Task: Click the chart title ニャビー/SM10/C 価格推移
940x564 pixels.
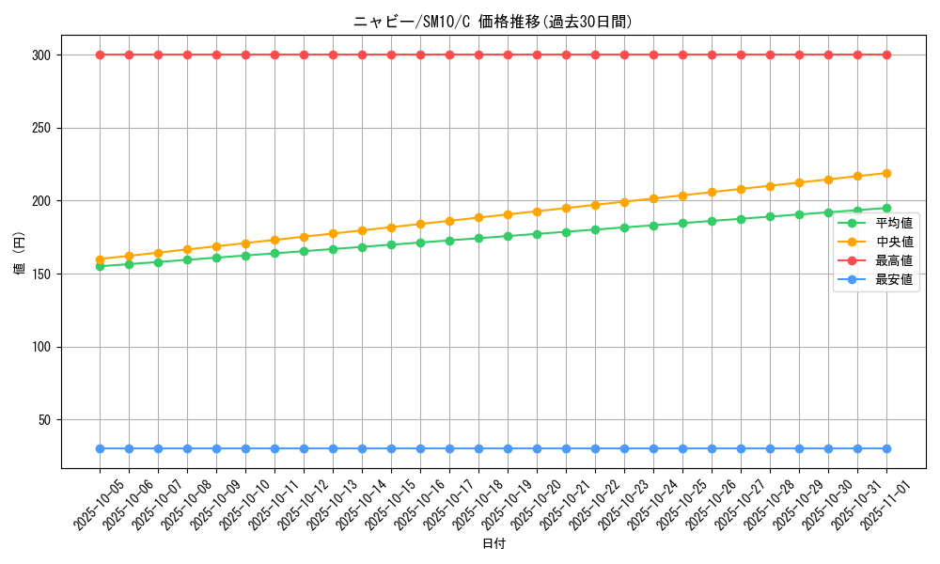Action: point(493,22)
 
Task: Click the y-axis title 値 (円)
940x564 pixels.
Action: point(19,252)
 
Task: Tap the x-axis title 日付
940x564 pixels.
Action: point(493,544)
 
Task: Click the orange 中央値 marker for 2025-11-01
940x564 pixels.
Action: point(886,173)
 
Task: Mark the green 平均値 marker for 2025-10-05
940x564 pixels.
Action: point(100,266)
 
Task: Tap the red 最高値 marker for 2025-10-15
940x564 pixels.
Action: point(391,55)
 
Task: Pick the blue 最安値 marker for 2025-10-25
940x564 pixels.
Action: point(682,448)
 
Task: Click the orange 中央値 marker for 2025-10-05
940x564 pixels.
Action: point(100,259)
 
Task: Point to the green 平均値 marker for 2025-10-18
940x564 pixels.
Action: point(478,238)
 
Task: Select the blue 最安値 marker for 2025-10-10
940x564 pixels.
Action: point(245,448)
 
